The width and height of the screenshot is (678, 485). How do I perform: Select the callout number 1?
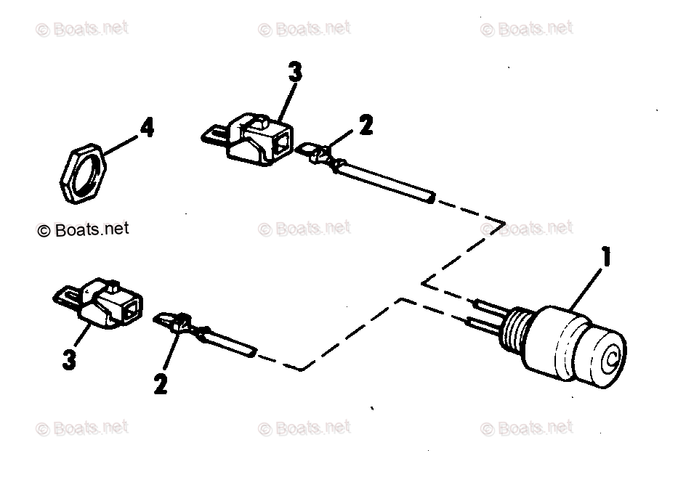coord(605,258)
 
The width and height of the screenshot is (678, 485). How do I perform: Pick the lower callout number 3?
coord(70,359)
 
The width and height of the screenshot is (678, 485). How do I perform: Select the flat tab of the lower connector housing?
coord(68,296)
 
